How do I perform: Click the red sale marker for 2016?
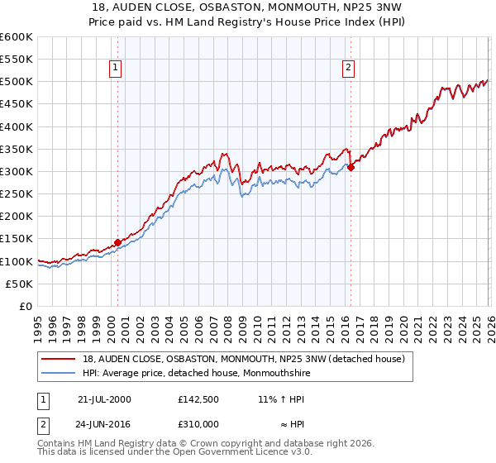(x=350, y=167)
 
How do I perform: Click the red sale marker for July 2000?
(x=117, y=242)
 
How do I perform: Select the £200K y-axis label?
(x=17, y=217)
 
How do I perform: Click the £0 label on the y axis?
(x=26, y=306)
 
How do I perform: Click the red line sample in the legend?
(x=59, y=359)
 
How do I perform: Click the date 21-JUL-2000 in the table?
(x=104, y=399)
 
